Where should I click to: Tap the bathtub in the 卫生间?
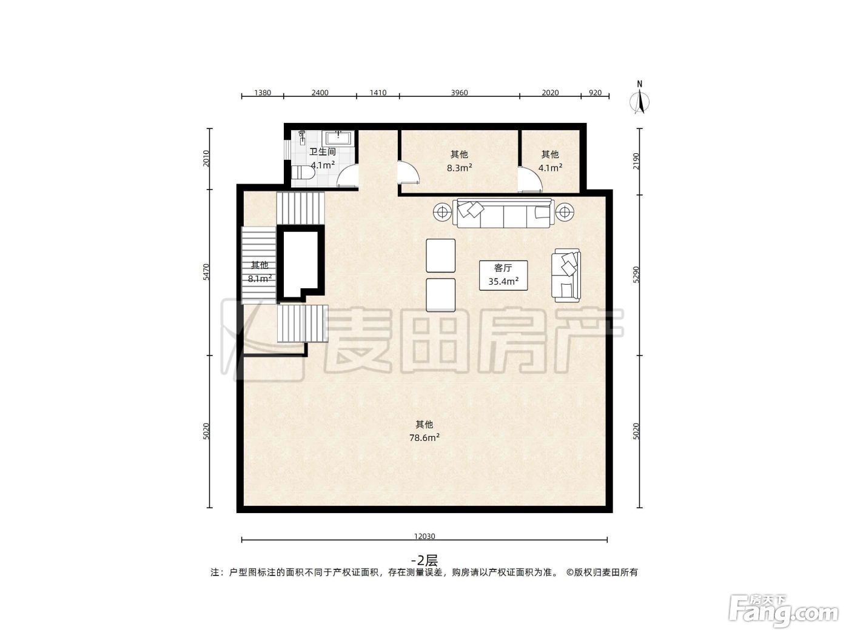tap(339, 138)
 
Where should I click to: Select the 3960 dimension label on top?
tap(459, 93)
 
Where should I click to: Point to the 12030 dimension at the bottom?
tap(424, 537)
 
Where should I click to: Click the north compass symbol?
tap(639, 99)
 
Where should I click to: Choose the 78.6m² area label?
tap(424, 437)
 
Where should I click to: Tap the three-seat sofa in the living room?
tap(503, 213)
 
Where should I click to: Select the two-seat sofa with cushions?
tap(566, 275)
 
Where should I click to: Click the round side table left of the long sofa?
tap(442, 211)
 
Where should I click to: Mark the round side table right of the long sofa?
tap(565, 211)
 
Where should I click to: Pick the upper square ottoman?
tap(440, 256)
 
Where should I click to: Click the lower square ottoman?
tap(440, 295)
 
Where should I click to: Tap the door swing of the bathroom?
tap(347, 176)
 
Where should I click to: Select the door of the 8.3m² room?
tap(408, 173)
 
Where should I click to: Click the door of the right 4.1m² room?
tap(530, 179)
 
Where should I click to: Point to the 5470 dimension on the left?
tap(206, 272)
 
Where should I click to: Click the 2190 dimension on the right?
tap(636, 161)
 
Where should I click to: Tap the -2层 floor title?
tap(424, 560)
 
